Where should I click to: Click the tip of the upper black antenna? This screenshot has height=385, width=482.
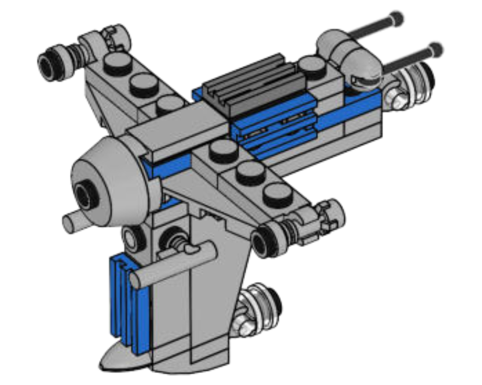pyautogui.click(x=397, y=18)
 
